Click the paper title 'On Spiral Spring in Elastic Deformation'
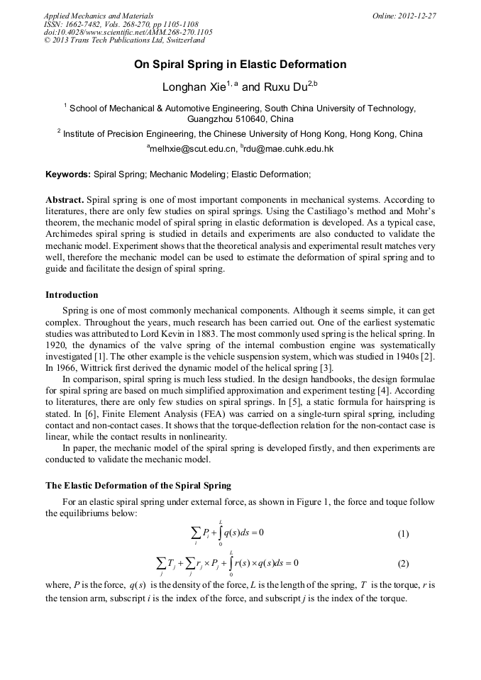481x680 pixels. [x=240, y=65]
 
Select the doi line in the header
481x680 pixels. [x=128, y=32]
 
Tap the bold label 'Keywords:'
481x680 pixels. [x=68, y=174]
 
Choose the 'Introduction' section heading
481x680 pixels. [x=72, y=294]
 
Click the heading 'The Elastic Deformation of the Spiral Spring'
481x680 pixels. [x=138, y=486]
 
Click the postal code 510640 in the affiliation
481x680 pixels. [x=240, y=120]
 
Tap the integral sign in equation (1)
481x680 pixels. [x=220, y=533]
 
